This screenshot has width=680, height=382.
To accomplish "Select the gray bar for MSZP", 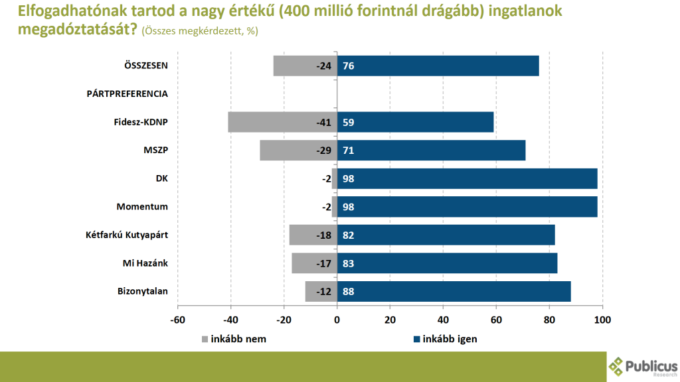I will (x=298, y=150).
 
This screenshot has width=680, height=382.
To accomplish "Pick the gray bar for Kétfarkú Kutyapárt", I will (x=313, y=235).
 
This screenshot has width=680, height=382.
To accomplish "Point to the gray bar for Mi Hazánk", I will (x=314, y=263).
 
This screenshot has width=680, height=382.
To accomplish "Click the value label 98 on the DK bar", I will (x=349, y=178).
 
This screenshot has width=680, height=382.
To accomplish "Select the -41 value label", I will (x=323, y=122).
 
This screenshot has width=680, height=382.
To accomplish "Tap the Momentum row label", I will (x=142, y=207).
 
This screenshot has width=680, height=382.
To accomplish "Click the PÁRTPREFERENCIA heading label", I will (x=127, y=94).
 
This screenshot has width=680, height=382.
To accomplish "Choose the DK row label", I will (x=161, y=178).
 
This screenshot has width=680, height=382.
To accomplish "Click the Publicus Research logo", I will (x=643, y=366).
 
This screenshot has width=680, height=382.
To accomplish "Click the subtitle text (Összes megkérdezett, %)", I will (x=199, y=31).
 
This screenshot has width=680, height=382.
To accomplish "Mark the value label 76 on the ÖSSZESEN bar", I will (x=349, y=66).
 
